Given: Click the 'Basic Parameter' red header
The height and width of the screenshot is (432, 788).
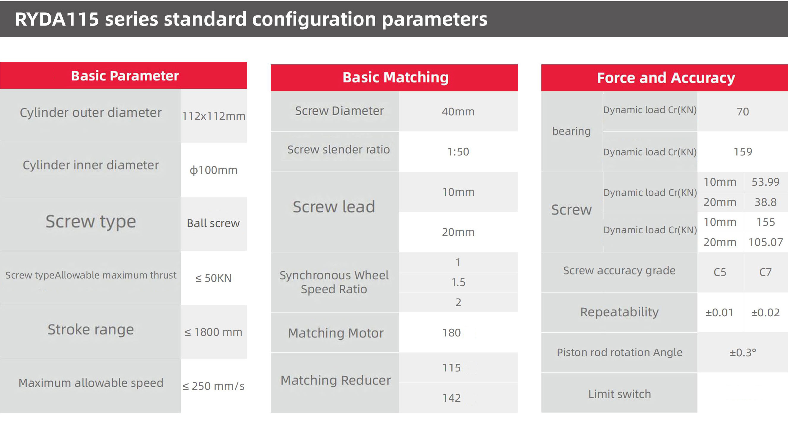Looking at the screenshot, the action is tap(124, 75).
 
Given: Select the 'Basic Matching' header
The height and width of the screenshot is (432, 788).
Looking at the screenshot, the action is tap(394, 78).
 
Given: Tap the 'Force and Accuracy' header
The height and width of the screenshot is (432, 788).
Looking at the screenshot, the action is tap(665, 78).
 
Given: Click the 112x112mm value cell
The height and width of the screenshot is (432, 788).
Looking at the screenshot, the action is tap(214, 116).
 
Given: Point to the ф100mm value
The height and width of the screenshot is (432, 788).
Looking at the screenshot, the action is tap(214, 170).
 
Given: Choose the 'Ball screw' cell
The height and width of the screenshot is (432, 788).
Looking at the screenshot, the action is tap(213, 223).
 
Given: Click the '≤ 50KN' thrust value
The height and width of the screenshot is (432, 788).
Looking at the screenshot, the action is tap(214, 278).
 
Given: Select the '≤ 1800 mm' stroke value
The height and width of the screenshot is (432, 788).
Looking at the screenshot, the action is tap(214, 332).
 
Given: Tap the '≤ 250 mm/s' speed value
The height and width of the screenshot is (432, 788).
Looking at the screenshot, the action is tap(214, 386).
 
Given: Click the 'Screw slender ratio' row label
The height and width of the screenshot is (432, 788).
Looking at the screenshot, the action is tap(338, 150).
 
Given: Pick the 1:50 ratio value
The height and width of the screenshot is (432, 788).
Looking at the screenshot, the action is tap(458, 152).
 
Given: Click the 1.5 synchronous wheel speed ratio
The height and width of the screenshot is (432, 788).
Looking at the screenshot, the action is tap(458, 282).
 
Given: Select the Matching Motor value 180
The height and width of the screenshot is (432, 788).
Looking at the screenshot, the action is tap(452, 332).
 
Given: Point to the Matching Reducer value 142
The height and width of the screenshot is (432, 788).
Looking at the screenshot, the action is tap(452, 398).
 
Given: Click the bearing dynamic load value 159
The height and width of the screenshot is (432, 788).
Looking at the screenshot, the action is tap(743, 152).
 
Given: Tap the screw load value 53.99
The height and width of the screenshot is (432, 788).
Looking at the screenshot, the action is tap(766, 182).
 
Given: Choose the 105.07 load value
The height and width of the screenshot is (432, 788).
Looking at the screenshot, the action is tap(766, 242).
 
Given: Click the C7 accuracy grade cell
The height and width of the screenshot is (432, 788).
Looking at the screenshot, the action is tap(766, 272).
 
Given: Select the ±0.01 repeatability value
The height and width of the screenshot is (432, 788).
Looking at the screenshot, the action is tap(720, 312).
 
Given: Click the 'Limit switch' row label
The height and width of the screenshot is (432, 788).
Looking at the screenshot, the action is tap(620, 394).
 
